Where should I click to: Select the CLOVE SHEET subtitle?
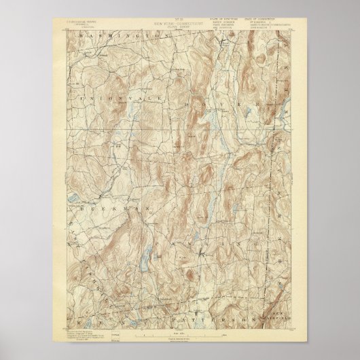(x=179, y=28)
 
